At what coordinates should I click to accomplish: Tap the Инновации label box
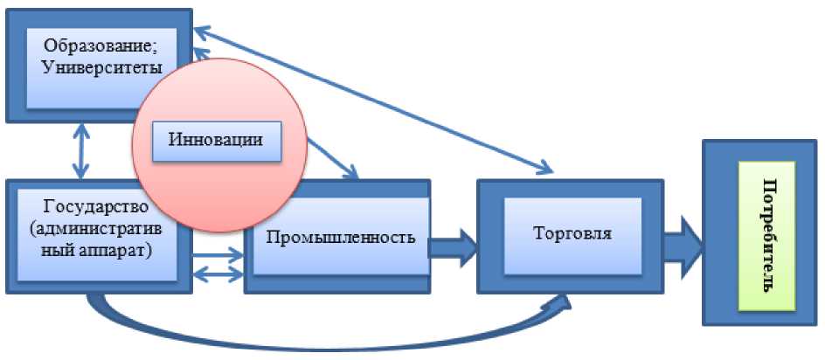pos(218,140)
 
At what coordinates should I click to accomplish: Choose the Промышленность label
pos(339,238)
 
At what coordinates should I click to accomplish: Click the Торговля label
pos(572,234)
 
